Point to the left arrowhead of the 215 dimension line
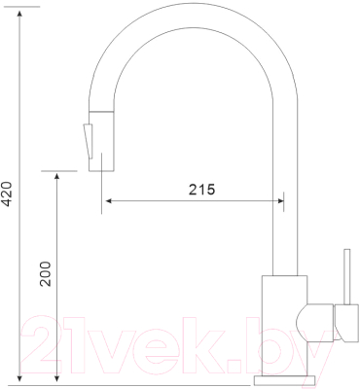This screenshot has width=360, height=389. (108, 202)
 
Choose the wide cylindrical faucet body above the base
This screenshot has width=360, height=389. (284, 321)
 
